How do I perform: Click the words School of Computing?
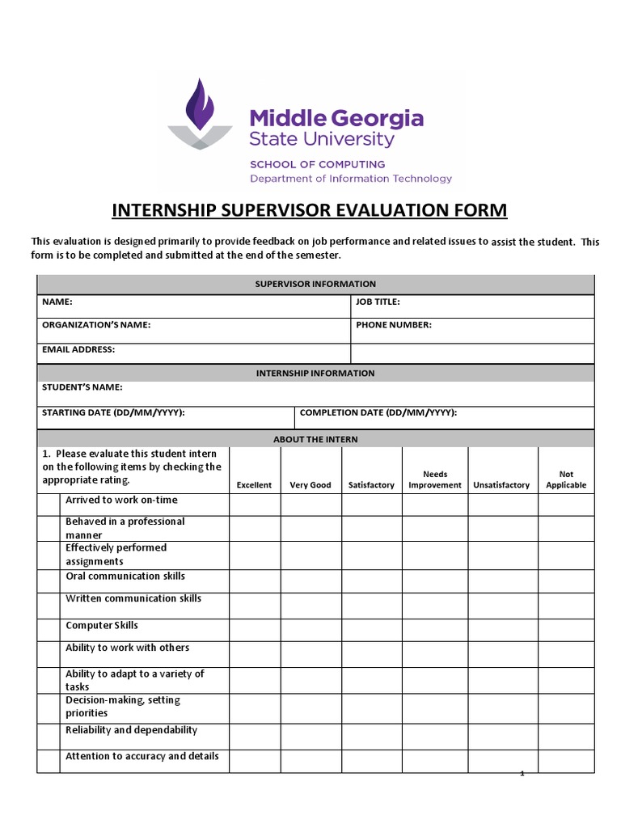306,164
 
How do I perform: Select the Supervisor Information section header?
315,284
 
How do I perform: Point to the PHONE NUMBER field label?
393,325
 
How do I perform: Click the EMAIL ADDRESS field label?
78,349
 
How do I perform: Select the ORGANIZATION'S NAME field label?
96,325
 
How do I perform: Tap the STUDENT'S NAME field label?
82,387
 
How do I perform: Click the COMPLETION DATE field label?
378,412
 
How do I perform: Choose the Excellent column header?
254,485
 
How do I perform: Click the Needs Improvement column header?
435,479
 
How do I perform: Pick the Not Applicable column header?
566,479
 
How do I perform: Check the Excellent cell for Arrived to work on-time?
255,504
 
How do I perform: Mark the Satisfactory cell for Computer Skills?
371,630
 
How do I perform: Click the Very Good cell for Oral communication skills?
310,581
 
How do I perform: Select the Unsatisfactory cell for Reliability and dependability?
503,736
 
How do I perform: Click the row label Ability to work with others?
128,648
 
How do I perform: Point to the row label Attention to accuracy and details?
142,757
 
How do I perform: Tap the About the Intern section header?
315,439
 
